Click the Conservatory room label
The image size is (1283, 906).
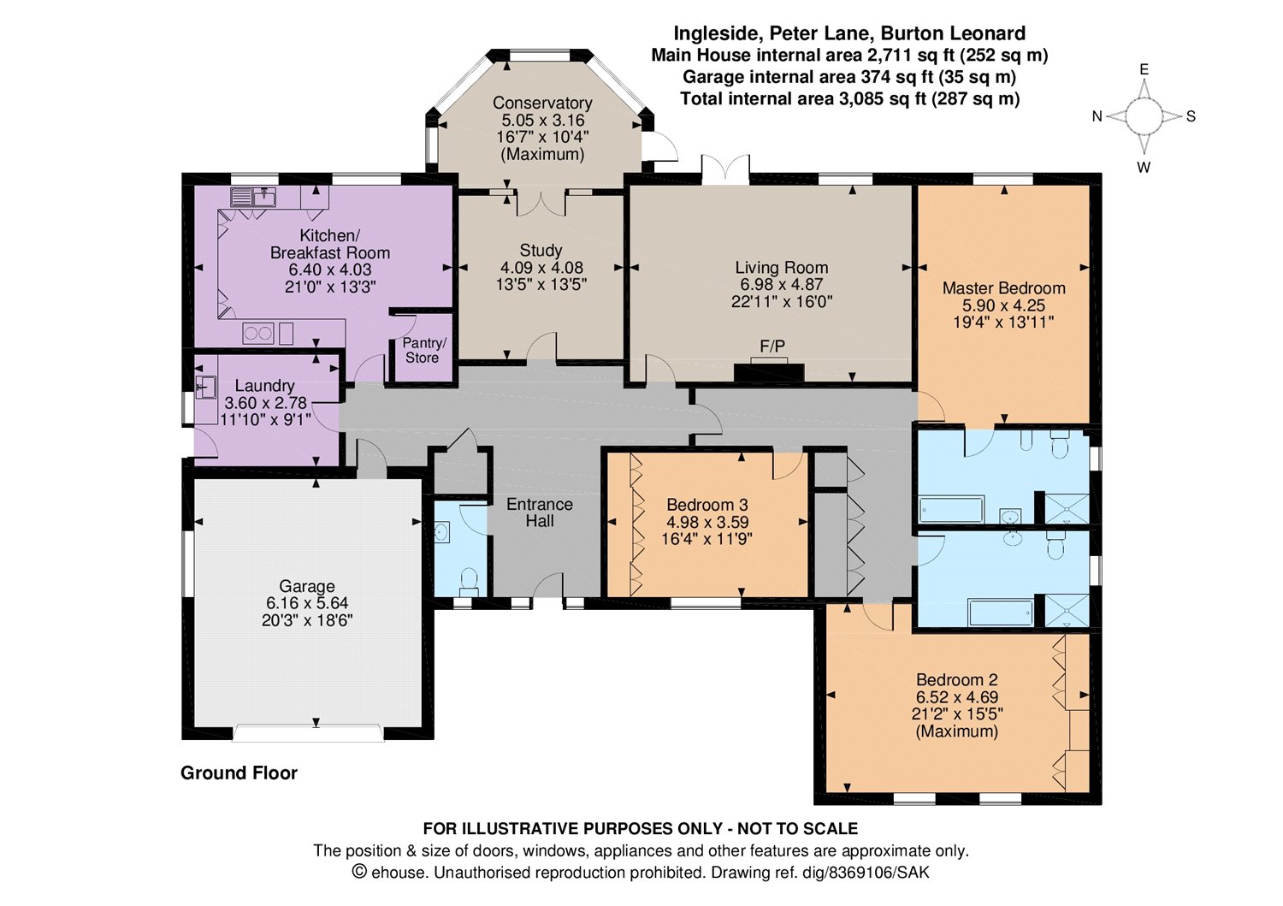point(541,104)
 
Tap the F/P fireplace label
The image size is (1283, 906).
point(772,346)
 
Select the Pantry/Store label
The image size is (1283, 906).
point(423,350)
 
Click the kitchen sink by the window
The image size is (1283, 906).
point(253,197)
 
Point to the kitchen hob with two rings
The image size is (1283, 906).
point(257,334)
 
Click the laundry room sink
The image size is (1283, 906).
point(205,387)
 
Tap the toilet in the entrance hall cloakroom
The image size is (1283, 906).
point(470,581)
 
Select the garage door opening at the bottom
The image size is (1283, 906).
point(308,733)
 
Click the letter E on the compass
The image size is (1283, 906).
point(1144,69)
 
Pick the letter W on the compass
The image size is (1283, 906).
point(1144,168)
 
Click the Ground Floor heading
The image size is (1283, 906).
point(239,773)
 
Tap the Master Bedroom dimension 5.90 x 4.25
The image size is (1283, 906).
point(1003,305)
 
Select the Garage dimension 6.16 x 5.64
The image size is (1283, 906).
point(307,603)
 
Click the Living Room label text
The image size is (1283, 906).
point(781,267)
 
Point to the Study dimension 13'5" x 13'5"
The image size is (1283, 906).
point(541,284)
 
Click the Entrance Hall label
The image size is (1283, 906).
point(540,512)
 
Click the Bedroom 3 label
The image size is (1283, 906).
point(707,505)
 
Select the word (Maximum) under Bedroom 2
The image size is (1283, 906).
point(956,731)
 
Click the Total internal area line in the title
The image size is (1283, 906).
point(850,98)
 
